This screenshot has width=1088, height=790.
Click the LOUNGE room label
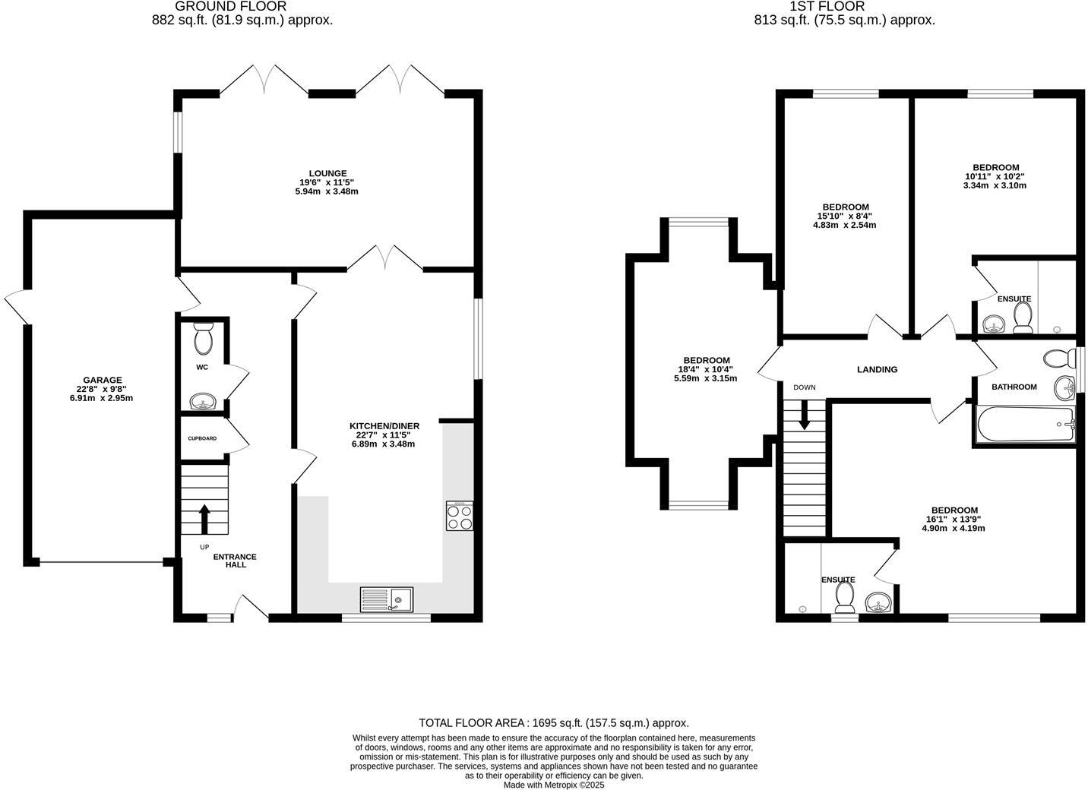pos(327,173)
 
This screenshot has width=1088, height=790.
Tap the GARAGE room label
pos(103,380)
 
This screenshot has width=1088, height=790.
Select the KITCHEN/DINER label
pos(384,425)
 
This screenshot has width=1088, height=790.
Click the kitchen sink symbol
pos(387,599)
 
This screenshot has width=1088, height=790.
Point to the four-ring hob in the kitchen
pos(459,517)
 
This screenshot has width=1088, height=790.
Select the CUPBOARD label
pos(202,438)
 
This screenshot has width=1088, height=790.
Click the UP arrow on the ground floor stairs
pos(204,520)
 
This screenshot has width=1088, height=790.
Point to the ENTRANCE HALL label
pos(235,561)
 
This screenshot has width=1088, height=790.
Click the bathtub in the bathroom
pos(1026,424)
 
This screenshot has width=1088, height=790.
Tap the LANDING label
pos(877,369)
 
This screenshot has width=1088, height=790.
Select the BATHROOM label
pos(1014,387)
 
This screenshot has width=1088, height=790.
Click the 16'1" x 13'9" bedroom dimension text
pos(953,520)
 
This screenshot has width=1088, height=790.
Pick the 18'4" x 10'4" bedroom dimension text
pos(706,369)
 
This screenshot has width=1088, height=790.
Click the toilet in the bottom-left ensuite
pos(844,599)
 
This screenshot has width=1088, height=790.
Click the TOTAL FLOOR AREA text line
pos(554,723)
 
